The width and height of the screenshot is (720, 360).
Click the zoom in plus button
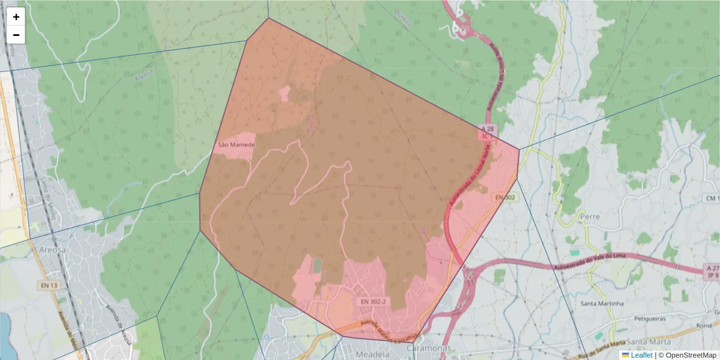coord(16,17)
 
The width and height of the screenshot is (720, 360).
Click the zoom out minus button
coord(16,35)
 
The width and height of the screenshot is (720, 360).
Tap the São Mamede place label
coord(236,145)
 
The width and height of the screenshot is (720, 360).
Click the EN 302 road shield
coord(505,197)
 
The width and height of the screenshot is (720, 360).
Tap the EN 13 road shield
coord(49,286)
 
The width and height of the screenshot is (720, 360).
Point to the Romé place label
coord(704,325)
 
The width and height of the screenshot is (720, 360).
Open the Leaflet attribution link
coord(641,355)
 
